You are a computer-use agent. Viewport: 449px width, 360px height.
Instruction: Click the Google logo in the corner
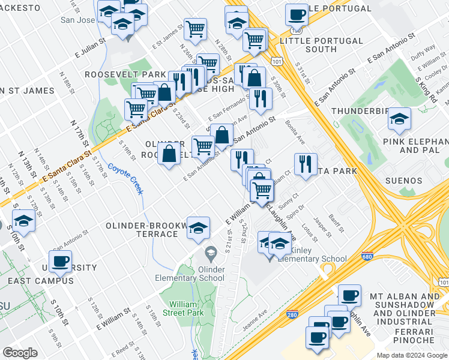(20, 352)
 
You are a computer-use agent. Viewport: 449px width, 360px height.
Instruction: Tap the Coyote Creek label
(125, 178)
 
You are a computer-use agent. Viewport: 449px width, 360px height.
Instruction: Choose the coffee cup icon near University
(60, 262)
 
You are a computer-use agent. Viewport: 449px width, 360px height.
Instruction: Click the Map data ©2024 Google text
(411, 355)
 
